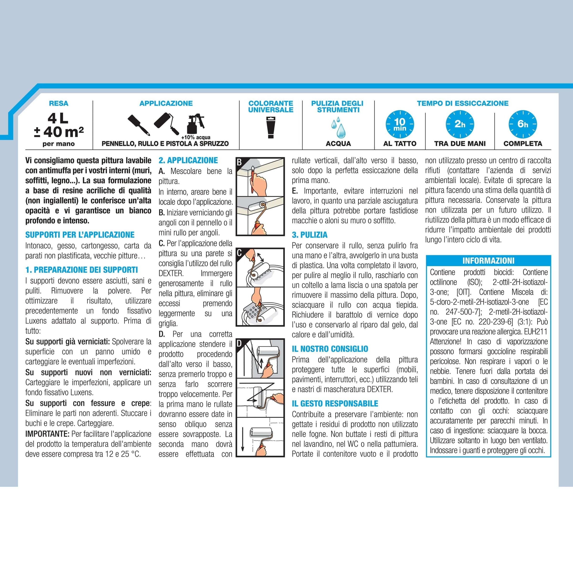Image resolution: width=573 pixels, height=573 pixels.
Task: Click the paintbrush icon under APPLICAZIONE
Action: (x=138, y=125)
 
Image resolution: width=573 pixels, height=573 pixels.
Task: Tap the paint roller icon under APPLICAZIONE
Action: (x=167, y=123)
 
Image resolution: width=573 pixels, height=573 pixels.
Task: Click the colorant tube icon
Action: (x=271, y=127)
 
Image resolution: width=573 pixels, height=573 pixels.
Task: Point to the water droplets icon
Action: (x=338, y=127)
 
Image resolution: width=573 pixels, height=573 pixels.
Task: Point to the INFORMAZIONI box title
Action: (x=488, y=261)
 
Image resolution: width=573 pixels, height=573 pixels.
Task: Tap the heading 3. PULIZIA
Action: (x=309, y=235)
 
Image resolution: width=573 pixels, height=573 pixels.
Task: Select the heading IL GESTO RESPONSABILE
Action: (x=335, y=404)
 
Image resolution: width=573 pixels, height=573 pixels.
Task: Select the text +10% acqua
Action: (x=196, y=137)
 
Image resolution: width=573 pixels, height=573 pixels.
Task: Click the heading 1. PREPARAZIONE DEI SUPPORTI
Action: (x=82, y=270)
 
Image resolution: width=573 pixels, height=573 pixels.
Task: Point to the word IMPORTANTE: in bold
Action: (x=48, y=434)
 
